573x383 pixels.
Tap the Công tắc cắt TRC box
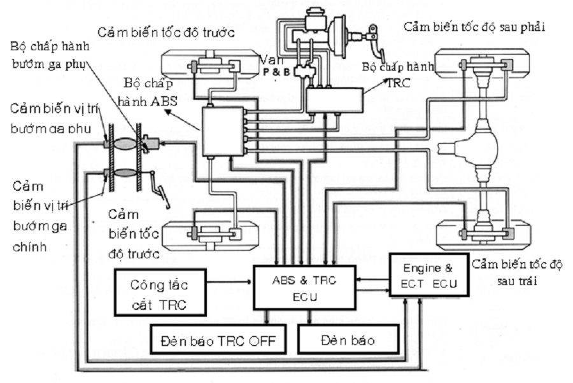160,292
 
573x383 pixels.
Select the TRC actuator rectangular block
334,99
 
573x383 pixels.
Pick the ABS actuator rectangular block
222,131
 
